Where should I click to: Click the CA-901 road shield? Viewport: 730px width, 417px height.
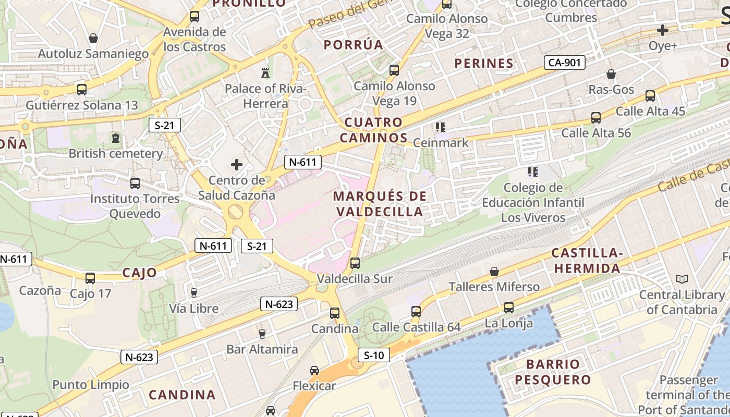pyautogui.click(x=564, y=63)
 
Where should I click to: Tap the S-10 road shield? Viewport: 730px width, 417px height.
pyautogui.click(x=374, y=355)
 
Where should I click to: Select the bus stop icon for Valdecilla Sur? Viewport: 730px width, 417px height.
pyautogui.click(x=355, y=263)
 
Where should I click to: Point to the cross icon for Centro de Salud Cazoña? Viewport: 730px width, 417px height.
pyautogui.click(x=237, y=165)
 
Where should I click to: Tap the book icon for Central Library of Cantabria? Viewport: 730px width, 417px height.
pyautogui.click(x=682, y=279)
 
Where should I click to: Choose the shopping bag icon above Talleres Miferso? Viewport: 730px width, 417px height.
pyautogui.click(x=494, y=272)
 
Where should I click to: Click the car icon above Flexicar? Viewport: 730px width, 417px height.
pyautogui.click(x=314, y=370)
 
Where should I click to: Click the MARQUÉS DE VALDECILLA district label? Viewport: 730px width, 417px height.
pyautogui.click(x=380, y=204)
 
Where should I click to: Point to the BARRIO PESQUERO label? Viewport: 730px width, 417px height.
pyautogui.click(x=553, y=372)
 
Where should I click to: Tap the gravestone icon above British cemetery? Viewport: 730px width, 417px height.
pyautogui.click(x=115, y=138)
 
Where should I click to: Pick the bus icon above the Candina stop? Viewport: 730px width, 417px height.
pyautogui.click(x=335, y=313)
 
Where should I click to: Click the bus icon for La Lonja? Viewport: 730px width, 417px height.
pyautogui.click(x=508, y=308)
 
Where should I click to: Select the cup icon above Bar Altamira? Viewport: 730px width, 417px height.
pyautogui.click(x=262, y=334)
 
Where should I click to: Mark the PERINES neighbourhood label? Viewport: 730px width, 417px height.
pyautogui.click(x=484, y=64)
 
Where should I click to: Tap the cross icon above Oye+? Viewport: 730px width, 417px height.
pyautogui.click(x=663, y=30)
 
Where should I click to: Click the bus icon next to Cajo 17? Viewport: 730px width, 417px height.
pyautogui.click(x=90, y=278)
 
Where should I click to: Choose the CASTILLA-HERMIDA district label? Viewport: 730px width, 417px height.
pyautogui.click(x=587, y=261)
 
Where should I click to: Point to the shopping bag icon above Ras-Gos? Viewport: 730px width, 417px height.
pyautogui.click(x=611, y=74)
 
